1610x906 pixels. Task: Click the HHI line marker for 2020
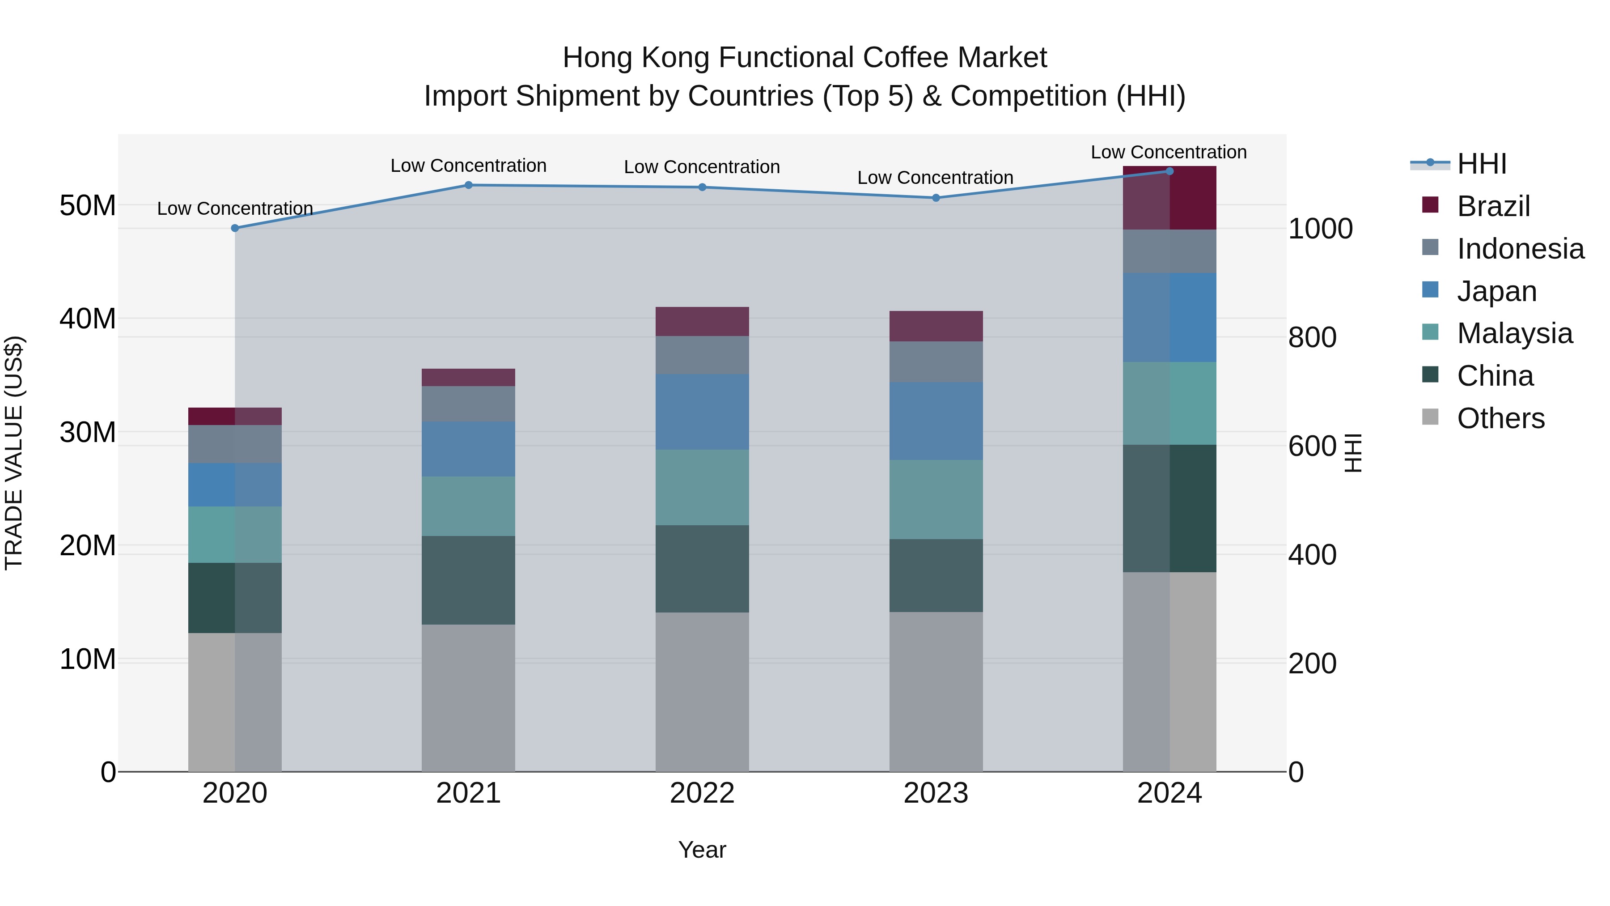[235, 228]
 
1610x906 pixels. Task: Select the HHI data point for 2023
[936, 198]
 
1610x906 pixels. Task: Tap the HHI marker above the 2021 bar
[469, 185]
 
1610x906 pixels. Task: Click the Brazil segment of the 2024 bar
[1169, 198]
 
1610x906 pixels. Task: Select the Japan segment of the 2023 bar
[936, 421]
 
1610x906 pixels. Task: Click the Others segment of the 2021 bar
[469, 698]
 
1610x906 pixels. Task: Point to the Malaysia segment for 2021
[469, 506]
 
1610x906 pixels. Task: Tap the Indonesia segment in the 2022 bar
[702, 355]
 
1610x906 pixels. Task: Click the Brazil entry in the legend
[1493, 206]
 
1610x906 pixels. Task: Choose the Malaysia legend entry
[1514, 333]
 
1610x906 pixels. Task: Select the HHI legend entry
[1481, 164]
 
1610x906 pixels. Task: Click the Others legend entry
[1500, 418]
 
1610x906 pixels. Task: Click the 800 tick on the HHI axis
[1313, 338]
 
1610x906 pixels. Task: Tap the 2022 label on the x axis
[702, 793]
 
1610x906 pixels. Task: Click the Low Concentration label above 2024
[1169, 152]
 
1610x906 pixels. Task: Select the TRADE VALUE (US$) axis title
[14, 453]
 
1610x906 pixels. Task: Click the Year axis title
[702, 850]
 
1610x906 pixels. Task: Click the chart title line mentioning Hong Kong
[805, 58]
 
